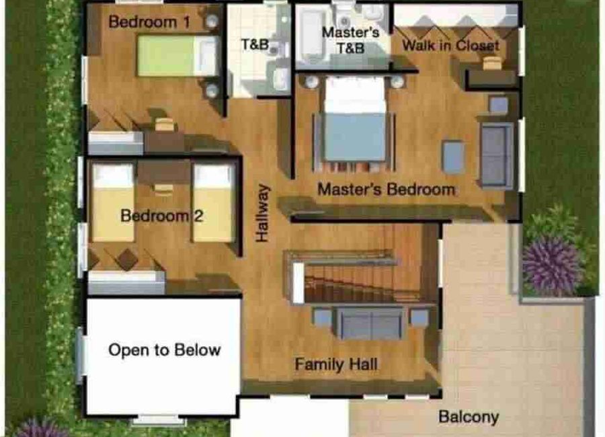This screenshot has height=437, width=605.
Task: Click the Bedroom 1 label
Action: (150, 22)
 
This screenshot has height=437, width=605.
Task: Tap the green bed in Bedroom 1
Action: (178, 56)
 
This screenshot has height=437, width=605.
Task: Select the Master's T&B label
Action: (350, 40)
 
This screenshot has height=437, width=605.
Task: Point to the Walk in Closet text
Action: (450, 45)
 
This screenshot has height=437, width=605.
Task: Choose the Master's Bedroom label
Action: (387, 190)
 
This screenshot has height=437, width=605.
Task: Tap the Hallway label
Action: (262, 213)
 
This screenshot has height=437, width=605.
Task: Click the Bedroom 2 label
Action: (161, 215)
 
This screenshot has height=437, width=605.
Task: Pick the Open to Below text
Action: (165, 350)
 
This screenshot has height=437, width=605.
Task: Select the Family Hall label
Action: (336, 364)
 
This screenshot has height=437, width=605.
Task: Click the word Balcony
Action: (469, 417)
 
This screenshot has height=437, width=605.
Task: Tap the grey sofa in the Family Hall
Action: (371, 323)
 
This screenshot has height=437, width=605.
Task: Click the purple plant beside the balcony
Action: (552, 265)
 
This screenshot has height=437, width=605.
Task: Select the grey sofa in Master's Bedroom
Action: (497, 155)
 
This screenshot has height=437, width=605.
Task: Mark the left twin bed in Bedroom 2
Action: (113, 202)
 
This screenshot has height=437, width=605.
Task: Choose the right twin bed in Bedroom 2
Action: (214, 202)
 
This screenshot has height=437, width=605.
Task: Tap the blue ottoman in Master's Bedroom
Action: (453, 157)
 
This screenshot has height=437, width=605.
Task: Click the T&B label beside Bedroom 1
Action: (255, 45)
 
